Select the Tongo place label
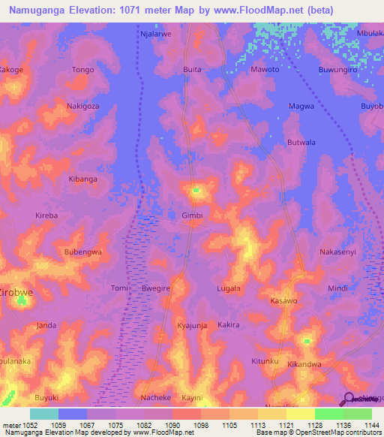coord(82,70)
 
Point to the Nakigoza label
coord(82,107)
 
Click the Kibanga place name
coord(82,179)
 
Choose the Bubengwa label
coord(82,252)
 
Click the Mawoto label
coord(265,70)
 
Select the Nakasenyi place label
coord(337,252)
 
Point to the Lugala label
coord(229,288)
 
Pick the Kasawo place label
coord(283,300)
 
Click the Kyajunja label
coord(192,325)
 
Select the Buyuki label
coord(46,397)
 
